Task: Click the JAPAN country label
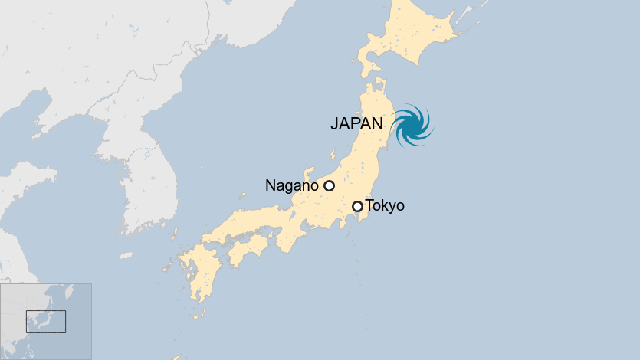(356, 123)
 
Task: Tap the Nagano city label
(291, 185)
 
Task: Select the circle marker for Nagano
(329, 185)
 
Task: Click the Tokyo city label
(385, 205)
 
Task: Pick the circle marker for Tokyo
(357, 206)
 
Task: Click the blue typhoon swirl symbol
(412, 124)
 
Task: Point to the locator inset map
(46, 321)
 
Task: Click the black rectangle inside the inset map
(46, 321)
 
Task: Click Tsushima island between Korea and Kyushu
(174, 233)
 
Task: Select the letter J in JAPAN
(334, 123)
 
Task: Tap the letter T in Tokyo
(370, 205)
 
